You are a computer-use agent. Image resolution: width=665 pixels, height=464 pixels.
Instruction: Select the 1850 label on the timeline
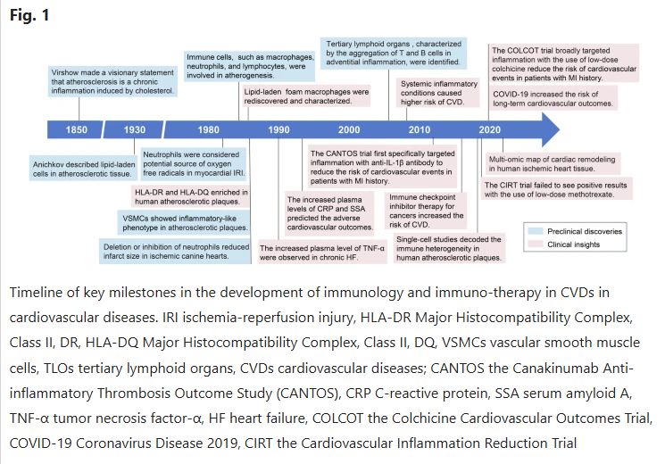coord(77,130)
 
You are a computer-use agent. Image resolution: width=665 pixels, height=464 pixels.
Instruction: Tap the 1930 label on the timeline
coord(137,130)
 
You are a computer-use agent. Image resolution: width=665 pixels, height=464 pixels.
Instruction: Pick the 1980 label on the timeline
coord(210,130)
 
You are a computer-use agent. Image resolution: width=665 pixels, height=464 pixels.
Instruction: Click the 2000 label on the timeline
coord(350,130)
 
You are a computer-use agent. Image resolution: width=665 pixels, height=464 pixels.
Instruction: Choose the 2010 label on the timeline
coord(420,130)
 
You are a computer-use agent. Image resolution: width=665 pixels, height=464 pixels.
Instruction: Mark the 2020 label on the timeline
coord(489,130)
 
